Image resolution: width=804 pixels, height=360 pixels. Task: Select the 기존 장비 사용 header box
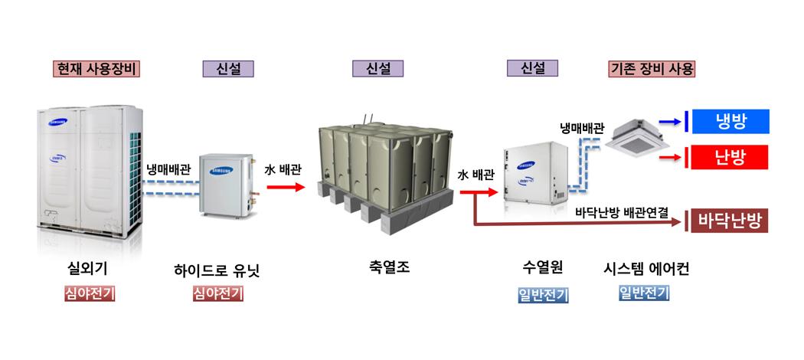(x=652, y=69)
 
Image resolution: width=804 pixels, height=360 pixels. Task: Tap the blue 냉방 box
(x=730, y=121)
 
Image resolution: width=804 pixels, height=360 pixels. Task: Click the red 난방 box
(x=730, y=158)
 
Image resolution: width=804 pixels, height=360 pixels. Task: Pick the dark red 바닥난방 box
(x=730, y=221)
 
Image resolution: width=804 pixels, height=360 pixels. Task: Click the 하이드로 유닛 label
(x=217, y=270)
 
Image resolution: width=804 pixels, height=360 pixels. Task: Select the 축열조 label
(x=389, y=268)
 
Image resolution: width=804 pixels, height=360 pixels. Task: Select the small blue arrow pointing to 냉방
(x=669, y=121)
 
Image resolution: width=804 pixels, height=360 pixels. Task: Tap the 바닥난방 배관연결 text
(x=621, y=211)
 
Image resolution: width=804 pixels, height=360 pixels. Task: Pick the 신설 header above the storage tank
(x=377, y=69)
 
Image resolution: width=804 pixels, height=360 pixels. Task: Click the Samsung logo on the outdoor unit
(x=58, y=120)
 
